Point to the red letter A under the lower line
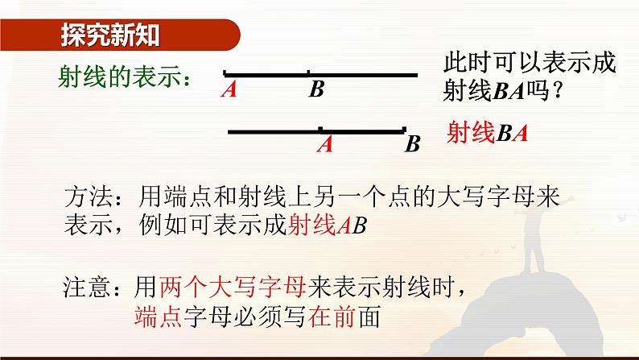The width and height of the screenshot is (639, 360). pyautogui.click(x=325, y=144)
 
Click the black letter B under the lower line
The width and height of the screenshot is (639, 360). pyautogui.click(x=413, y=145)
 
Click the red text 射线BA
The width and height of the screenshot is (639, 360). pyautogui.click(x=488, y=134)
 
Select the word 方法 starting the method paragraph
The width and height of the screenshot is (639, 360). pyautogui.click(x=83, y=198)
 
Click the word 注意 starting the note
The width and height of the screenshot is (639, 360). pyautogui.click(x=83, y=287)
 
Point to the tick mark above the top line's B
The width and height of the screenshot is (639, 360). pyautogui.click(x=308, y=72)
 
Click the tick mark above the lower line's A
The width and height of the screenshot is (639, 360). pyautogui.click(x=320, y=128)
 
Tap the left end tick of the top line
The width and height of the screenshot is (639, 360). pyautogui.click(x=225, y=72)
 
